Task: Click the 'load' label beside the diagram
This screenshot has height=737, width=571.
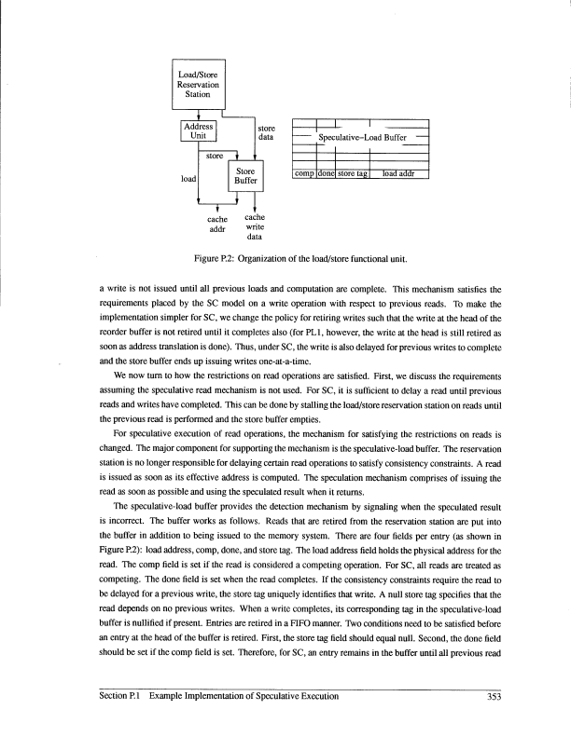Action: tap(187, 175)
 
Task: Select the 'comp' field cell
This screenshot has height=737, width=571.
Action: tap(304, 172)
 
